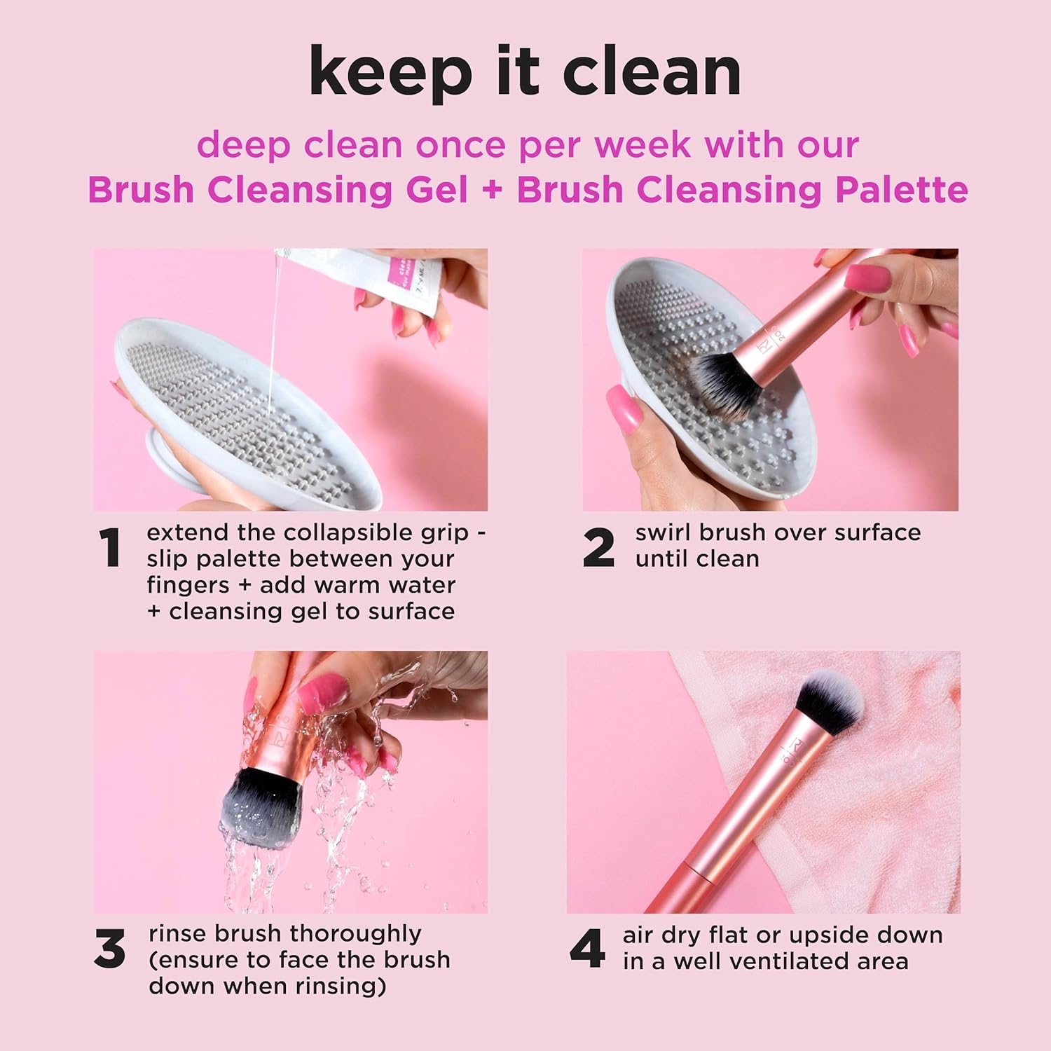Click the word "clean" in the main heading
click(x=652, y=72)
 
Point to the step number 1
click(x=110, y=547)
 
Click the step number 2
click(x=598, y=547)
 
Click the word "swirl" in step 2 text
click(x=663, y=533)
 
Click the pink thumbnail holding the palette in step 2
click(x=626, y=410)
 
